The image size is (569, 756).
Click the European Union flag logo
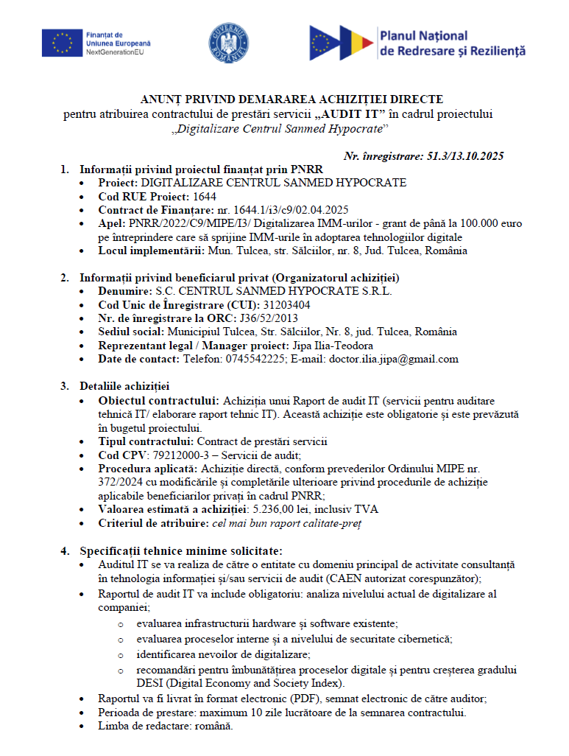tap(62, 43)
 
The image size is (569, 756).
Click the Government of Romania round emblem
tap(229, 43)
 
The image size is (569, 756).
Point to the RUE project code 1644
tap(204, 197)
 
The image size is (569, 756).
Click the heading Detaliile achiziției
tap(125, 385)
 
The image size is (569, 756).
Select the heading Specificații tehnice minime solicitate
tap(180, 550)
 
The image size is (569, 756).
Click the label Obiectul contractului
tap(158, 400)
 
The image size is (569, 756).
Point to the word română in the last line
tap(211, 726)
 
